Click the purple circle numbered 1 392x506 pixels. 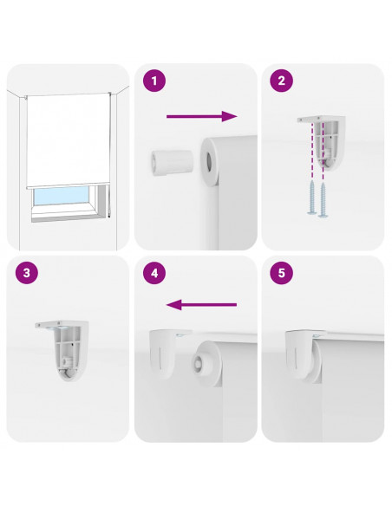point(154,81)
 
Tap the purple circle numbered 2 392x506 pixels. point(282,81)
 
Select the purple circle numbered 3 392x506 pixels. point(27,273)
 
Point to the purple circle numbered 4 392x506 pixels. point(154,273)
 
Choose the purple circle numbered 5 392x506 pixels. point(282,273)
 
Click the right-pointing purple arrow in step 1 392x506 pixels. point(202,116)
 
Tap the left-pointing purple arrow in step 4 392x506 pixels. point(201,305)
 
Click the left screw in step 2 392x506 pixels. point(312,197)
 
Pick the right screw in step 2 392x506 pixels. point(323,199)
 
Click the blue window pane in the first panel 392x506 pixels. point(61,196)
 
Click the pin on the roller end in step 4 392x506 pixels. point(197,362)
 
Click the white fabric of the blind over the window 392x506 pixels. point(69,139)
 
